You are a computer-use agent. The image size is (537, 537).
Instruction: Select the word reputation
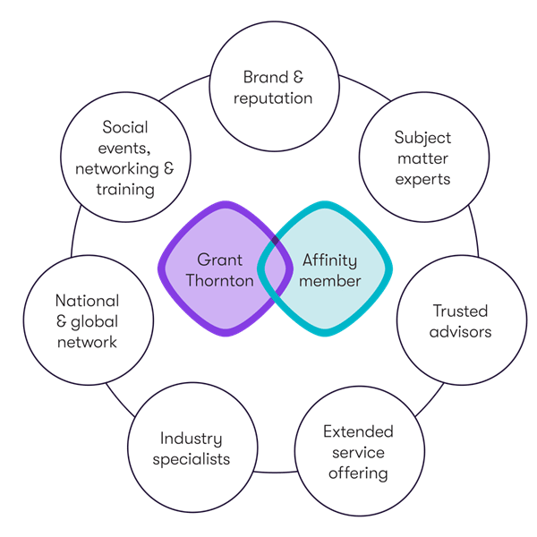tap(273, 98)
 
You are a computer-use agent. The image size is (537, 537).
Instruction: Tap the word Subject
tap(422, 139)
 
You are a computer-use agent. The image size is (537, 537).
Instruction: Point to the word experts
tap(422, 180)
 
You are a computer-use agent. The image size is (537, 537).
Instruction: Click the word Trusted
tap(460, 311)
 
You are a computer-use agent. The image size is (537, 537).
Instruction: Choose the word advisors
tap(460, 332)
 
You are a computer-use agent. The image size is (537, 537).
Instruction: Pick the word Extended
tap(358, 431)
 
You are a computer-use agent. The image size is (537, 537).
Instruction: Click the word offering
tap(358, 473)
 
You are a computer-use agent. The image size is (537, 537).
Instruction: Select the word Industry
tap(192, 439)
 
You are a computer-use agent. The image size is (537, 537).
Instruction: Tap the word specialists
tap(192, 460)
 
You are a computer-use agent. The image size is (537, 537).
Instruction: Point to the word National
tap(88, 301)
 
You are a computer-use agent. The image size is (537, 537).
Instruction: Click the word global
tap(94, 322)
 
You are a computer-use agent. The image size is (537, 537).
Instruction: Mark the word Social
tap(125, 127)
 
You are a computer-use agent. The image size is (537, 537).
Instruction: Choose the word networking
tap(117, 169)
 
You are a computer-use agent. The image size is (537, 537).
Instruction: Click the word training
tap(125, 190)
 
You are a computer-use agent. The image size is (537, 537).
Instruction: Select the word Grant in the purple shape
tap(219, 260)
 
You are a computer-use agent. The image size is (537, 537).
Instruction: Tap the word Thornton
tap(219, 281)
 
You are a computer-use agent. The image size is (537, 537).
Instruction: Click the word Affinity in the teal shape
tap(329, 261)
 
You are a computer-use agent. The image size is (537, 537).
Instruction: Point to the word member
tap(329, 281)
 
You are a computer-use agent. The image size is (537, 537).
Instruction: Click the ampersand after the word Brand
tap(298, 77)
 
